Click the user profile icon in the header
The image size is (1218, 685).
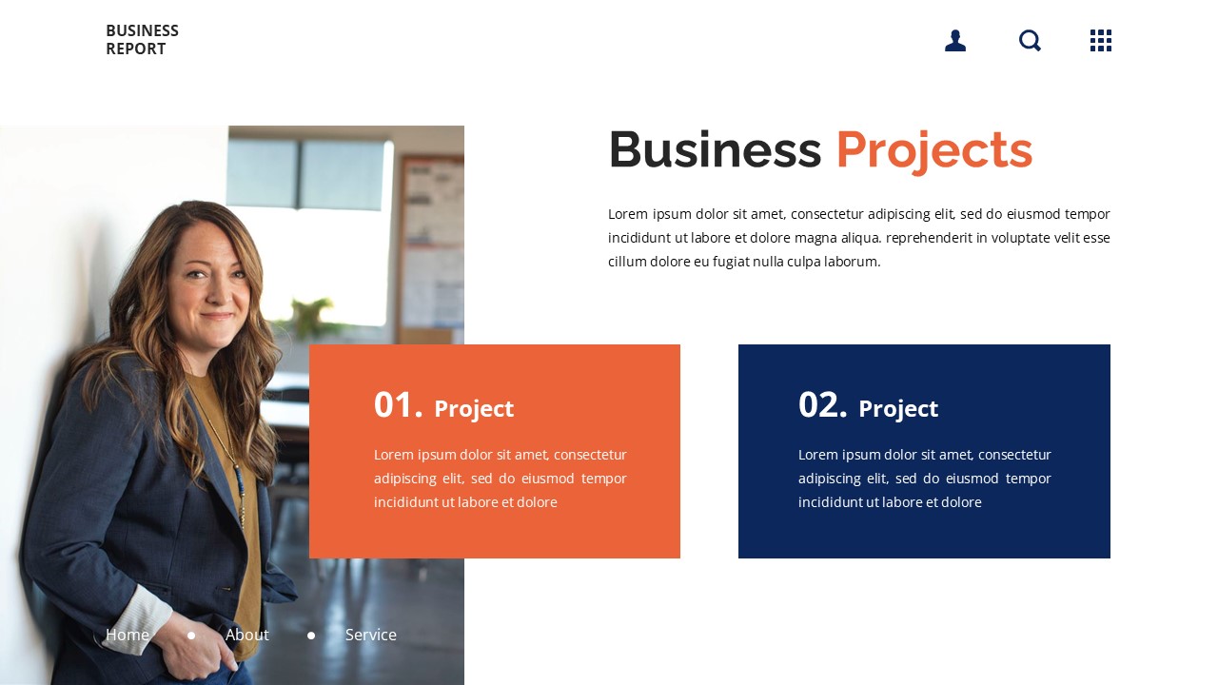click(955, 40)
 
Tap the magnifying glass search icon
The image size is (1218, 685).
click(1030, 40)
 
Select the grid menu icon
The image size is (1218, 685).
click(1101, 40)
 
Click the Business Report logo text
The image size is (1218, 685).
click(142, 40)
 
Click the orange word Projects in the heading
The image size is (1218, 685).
click(933, 150)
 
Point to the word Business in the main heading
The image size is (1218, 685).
click(714, 150)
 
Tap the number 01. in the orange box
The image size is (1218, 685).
click(398, 405)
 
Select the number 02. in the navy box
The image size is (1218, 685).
click(822, 405)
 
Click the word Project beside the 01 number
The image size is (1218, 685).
click(474, 409)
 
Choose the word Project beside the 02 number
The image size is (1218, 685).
click(898, 409)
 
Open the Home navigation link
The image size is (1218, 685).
click(128, 635)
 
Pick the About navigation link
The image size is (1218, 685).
click(247, 635)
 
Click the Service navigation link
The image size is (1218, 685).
click(371, 635)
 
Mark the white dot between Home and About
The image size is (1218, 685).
click(191, 636)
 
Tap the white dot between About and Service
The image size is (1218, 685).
click(311, 636)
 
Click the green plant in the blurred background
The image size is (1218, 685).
click(314, 319)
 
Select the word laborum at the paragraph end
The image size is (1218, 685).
click(852, 262)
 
